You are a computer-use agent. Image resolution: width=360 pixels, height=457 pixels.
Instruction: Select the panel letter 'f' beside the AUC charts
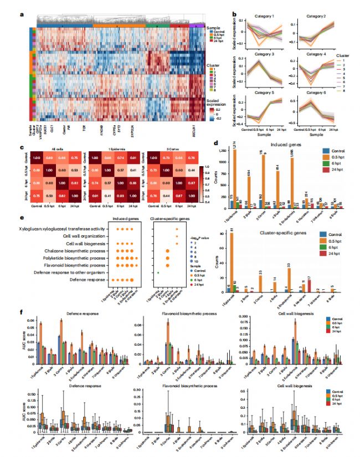click(22, 312)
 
